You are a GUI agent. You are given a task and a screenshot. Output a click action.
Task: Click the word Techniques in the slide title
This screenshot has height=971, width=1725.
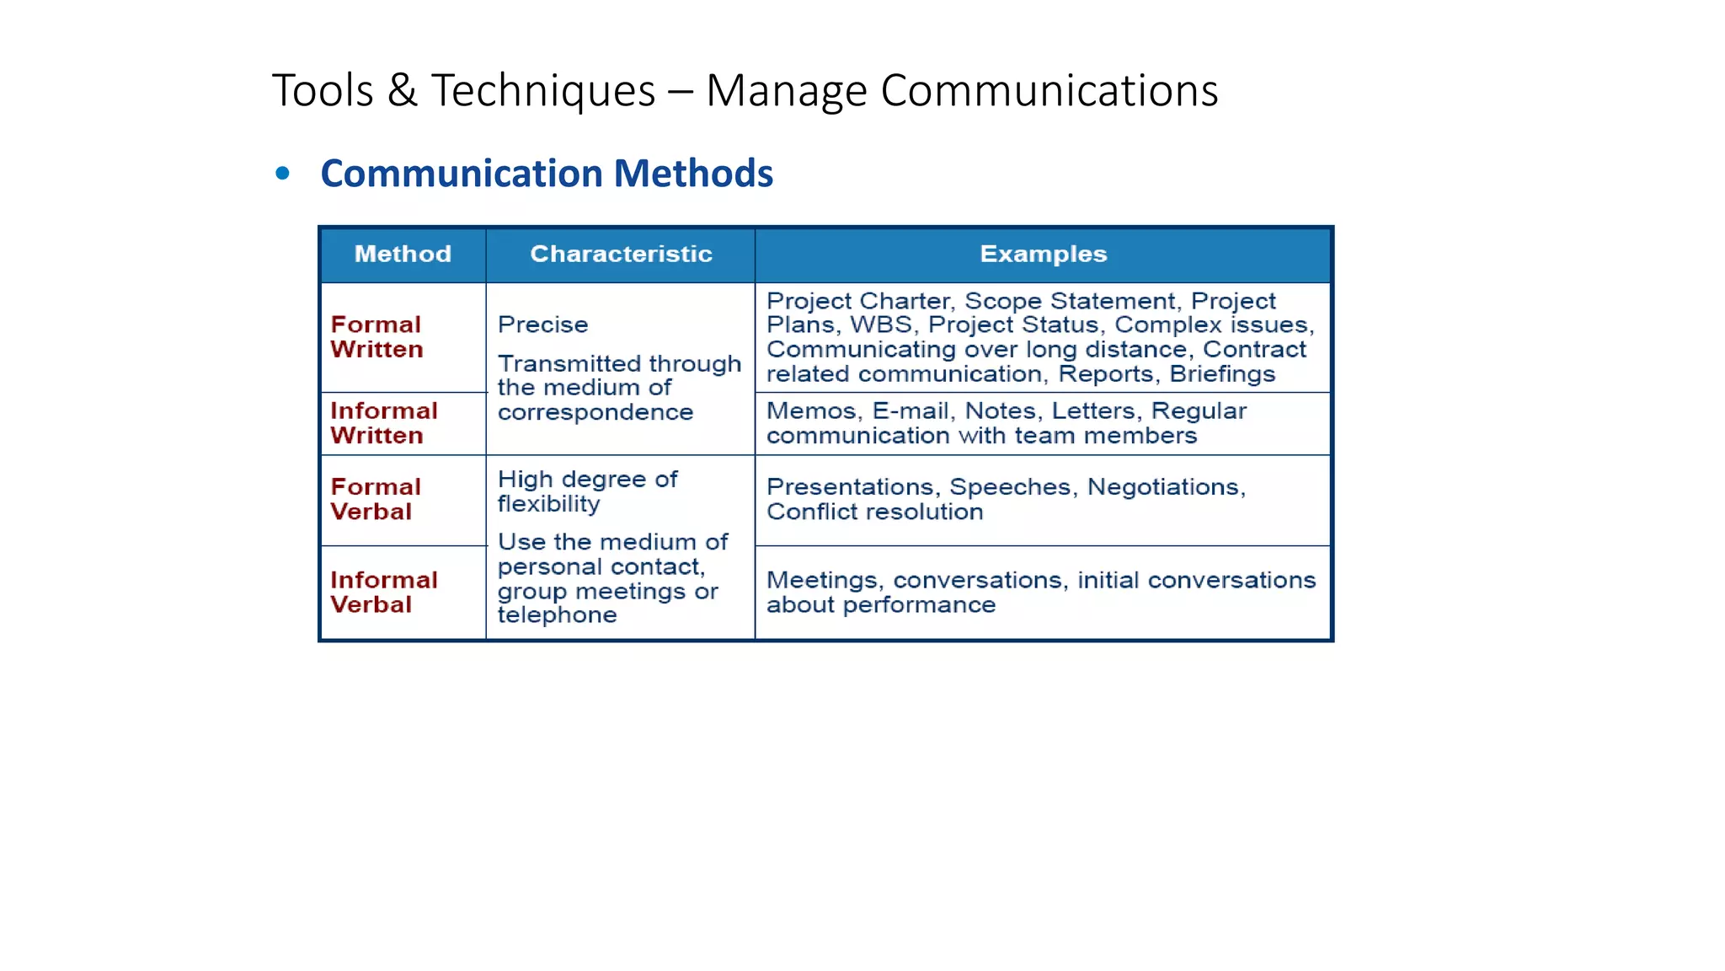click(543, 91)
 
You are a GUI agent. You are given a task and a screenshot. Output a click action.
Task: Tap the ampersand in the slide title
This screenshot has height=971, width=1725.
click(403, 90)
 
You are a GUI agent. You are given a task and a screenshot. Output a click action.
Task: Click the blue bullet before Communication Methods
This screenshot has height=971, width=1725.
click(283, 174)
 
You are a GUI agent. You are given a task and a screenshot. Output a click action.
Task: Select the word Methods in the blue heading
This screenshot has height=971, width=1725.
click(692, 174)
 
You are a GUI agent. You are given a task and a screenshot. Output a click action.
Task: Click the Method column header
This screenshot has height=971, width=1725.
click(403, 254)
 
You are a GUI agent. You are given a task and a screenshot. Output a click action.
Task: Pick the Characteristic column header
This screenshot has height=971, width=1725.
click(621, 254)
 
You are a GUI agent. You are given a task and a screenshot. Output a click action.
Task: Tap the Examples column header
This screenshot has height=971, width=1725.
click(1043, 254)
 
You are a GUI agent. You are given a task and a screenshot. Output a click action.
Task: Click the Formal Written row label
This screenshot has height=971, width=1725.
click(377, 337)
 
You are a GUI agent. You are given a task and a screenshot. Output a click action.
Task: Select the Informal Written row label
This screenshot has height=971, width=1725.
click(383, 423)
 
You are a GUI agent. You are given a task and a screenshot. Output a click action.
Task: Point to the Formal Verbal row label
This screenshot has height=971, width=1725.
click(375, 499)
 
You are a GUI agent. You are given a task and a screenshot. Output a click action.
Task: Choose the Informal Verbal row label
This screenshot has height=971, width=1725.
click(383, 593)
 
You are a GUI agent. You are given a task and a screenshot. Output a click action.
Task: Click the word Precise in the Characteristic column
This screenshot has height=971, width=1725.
click(542, 325)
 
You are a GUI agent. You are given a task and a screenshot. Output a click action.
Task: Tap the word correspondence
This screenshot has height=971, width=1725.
click(595, 412)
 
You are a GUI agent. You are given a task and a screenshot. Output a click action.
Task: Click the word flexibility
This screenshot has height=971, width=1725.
click(548, 504)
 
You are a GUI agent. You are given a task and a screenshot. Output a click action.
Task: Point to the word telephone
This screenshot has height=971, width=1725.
click(557, 615)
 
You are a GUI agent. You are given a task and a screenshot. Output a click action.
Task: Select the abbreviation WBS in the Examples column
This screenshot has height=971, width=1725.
click(881, 325)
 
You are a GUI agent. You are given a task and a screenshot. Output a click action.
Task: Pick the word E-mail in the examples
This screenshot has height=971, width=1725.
click(911, 411)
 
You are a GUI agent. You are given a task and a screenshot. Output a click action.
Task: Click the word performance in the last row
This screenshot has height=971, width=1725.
click(919, 605)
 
